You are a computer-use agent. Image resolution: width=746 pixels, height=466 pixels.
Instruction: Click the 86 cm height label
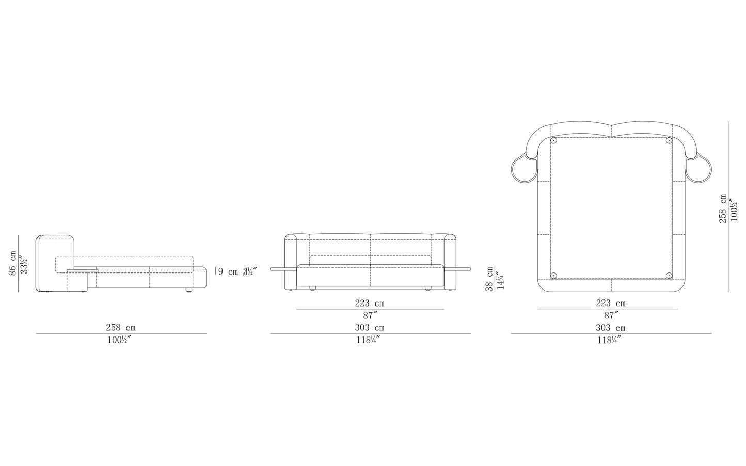[13, 263]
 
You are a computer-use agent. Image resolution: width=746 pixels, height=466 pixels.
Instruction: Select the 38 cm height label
[489, 279]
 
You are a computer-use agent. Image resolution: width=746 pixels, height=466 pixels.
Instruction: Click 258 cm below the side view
[121, 328]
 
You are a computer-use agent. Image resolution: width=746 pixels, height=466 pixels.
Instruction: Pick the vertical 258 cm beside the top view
[722, 208]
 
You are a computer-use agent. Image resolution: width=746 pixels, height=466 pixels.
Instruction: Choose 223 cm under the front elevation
[370, 303]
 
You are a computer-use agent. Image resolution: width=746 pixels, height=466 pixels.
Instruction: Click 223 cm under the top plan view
[611, 303]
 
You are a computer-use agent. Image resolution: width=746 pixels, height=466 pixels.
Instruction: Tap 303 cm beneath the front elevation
[370, 328]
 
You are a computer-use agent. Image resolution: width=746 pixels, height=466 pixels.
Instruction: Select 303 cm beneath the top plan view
[611, 328]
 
